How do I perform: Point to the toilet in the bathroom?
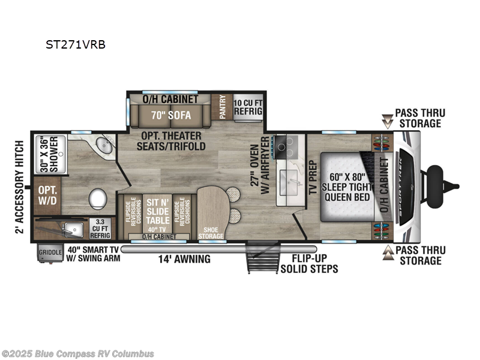97,198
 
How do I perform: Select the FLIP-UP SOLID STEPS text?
309,264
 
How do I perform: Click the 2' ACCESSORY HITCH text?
19,187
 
